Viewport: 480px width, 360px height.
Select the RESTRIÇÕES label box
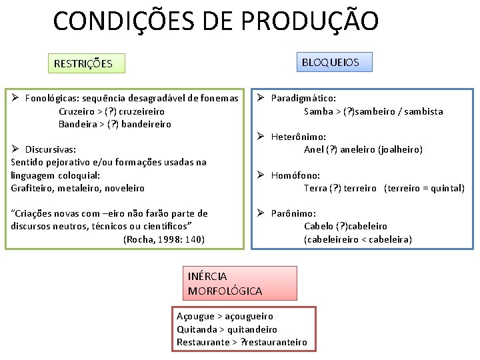point(83,64)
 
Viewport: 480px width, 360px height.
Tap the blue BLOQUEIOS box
point(331,62)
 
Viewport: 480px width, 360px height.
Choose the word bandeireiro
point(146,124)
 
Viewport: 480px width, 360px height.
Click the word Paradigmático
point(303,99)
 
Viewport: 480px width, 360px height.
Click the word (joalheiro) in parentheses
point(399,149)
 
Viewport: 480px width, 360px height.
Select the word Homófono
point(296,175)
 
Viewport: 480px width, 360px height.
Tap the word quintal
point(446,188)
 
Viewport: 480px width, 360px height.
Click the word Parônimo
point(294,213)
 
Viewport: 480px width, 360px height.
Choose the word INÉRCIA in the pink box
point(207,276)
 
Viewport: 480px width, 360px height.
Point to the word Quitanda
point(197,329)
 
